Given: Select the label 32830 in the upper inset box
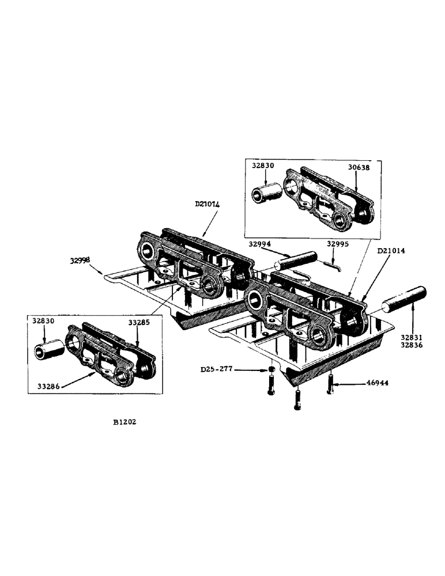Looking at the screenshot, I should coord(263,165).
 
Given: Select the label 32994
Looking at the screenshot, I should coord(259,244).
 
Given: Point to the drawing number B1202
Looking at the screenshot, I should coord(125,421).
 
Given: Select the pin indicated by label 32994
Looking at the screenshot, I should coord(295,260).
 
